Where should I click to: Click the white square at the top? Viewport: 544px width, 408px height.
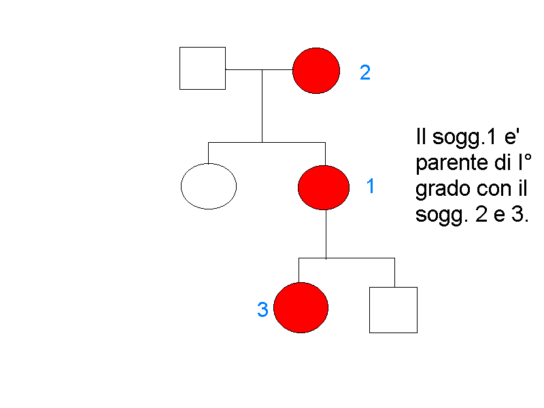coord(203,68)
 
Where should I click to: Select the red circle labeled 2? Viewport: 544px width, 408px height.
coord(316,71)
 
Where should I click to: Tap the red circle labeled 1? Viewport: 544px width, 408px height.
coord(324,187)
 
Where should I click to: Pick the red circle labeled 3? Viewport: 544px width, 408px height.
coord(301,307)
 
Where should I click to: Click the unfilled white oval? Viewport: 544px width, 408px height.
coord(209,186)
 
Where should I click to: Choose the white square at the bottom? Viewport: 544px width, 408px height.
coord(393,309)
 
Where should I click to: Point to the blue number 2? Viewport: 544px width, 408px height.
coord(365,73)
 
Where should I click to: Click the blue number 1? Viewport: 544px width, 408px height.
coord(371,186)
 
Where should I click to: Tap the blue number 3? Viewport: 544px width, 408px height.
coord(262,310)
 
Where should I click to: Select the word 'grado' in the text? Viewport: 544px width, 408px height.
coord(439,190)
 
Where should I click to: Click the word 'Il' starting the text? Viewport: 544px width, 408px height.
coord(420,137)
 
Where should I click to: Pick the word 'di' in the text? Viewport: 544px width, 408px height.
coord(502,164)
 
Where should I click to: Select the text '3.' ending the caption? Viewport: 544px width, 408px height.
coord(521,216)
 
